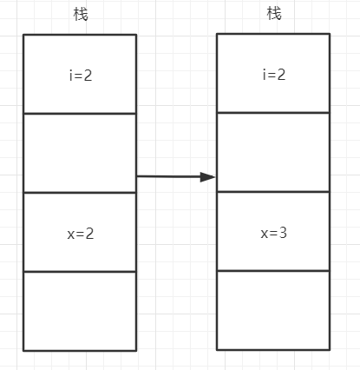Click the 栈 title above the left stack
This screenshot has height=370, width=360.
[x=81, y=14]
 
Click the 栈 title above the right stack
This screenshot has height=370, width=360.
[x=274, y=13]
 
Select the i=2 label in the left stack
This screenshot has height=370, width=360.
[x=81, y=76]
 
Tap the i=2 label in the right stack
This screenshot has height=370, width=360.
[x=274, y=75]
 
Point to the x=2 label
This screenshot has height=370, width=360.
[x=81, y=234]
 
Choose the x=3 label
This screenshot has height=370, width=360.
[x=274, y=233]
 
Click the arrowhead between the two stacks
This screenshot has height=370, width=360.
[x=207, y=177]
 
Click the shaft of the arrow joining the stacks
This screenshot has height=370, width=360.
[x=168, y=176]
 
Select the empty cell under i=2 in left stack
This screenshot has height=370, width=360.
[x=80, y=153]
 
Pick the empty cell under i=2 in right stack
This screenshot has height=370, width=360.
[x=273, y=152]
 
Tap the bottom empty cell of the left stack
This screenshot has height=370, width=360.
[x=80, y=311]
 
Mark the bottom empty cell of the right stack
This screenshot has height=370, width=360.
[x=273, y=310]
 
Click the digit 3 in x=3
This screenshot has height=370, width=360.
[x=283, y=233]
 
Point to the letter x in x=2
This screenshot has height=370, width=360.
[x=71, y=235]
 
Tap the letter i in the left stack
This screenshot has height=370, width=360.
[x=71, y=76]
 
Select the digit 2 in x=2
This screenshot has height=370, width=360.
[x=89, y=234]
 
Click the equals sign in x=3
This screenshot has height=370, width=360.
[x=273, y=233]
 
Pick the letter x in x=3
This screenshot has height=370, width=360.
[x=265, y=234]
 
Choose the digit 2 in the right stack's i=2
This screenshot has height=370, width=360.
[x=281, y=75]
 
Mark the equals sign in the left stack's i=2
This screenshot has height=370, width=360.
[x=78, y=76]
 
